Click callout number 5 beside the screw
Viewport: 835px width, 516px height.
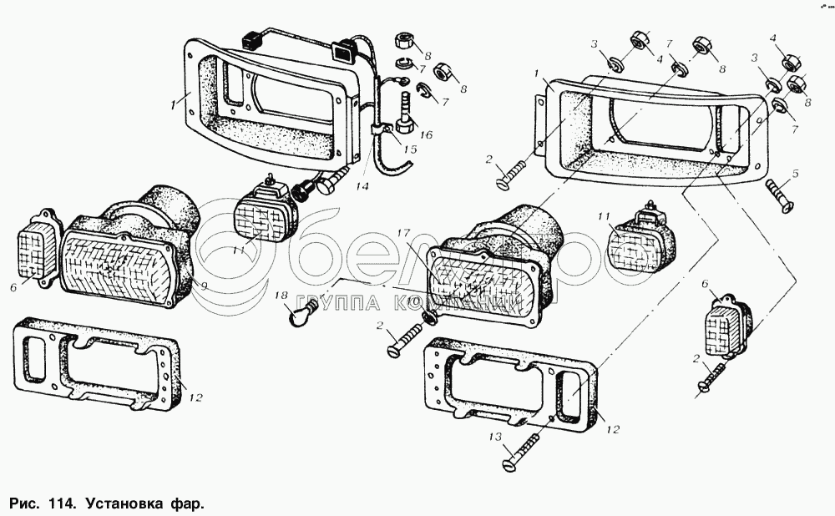click(796, 174)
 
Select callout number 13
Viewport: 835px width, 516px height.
click(496, 437)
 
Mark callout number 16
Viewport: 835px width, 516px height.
click(428, 134)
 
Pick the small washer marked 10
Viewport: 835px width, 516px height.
click(429, 320)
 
